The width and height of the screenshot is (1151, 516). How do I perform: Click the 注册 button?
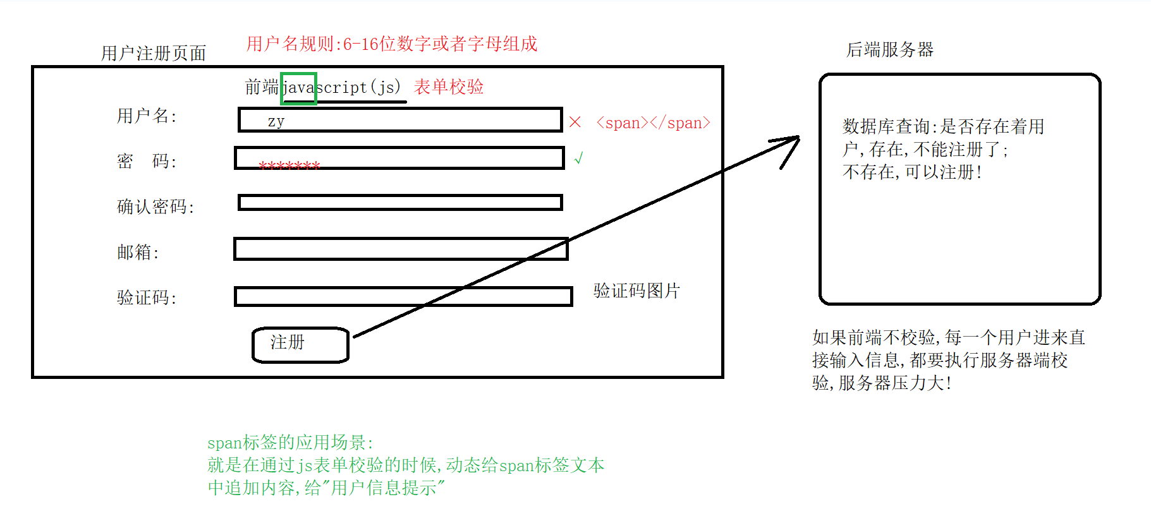click(300, 345)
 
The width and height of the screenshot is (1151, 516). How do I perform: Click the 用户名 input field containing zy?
click(399, 120)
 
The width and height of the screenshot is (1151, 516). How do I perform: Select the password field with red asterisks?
click(399, 158)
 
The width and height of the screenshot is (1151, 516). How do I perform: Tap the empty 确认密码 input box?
click(399, 202)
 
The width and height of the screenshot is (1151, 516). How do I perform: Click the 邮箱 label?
click(138, 252)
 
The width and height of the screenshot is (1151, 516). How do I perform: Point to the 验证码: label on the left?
click(147, 297)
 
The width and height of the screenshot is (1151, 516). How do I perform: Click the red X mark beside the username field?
click(575, 122)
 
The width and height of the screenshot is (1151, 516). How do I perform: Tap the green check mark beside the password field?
click(578, 158)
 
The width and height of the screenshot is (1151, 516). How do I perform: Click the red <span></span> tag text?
click(653, 123)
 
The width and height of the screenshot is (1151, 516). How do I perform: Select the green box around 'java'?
click(298, 88)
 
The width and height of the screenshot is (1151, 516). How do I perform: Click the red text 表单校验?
click(449, 87)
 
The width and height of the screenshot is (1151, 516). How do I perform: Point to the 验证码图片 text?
click(636, 291)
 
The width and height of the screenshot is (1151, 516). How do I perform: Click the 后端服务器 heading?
click(889, 49)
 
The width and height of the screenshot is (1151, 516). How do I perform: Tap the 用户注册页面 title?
click(154, 53)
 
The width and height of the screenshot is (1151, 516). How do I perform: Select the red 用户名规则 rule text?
click(391, 44)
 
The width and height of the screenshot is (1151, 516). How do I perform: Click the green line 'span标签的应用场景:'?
click(290, 442)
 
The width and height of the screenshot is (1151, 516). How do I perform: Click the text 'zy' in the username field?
click(276, 121)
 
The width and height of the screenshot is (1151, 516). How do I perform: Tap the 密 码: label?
click(147, 161)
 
